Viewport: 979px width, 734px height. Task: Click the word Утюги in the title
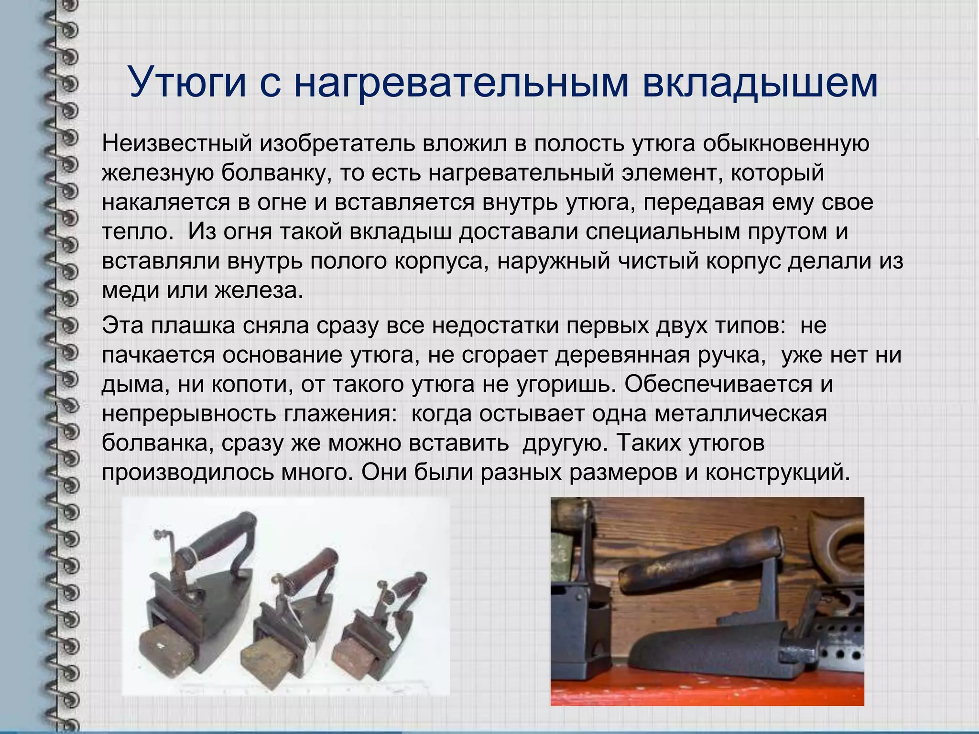click(x=188, y=82)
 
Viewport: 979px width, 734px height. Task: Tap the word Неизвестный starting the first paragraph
click(x=176, y=143)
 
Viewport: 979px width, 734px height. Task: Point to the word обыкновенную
click(x=786, y=143)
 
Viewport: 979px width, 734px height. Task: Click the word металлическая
click(x=740, y=414)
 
